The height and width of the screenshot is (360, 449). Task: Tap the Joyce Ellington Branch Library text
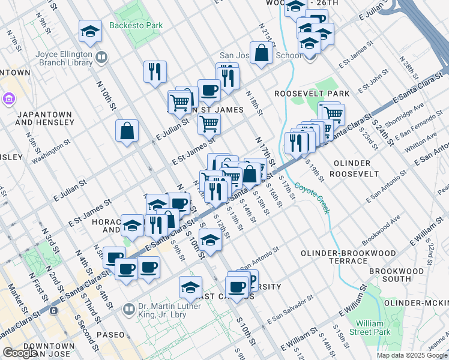(x=63, y=57)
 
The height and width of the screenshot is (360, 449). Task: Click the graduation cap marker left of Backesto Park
(x=90, y=31)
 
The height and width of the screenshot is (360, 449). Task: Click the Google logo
(x=19, y=353)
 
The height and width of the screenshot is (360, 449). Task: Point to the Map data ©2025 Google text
(x=412, y=355)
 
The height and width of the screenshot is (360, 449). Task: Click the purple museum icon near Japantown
(x=10, y=98)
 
